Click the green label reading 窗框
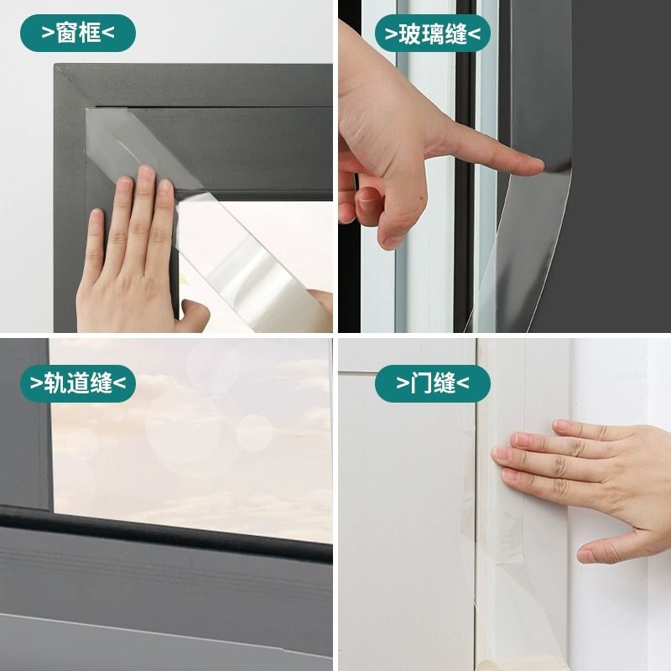pos(78,33)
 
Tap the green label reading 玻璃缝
pos(433,34)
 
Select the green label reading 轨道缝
pos(78,383)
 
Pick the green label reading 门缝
pos(433,383)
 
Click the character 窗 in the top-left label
pos(66,33)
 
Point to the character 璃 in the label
pos(433,34)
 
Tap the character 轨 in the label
pos(55,383)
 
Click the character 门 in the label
pos(421,383)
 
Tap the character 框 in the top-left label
pos(90,33)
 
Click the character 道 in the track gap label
pos(78,383)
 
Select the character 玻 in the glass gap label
pos(409,34)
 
